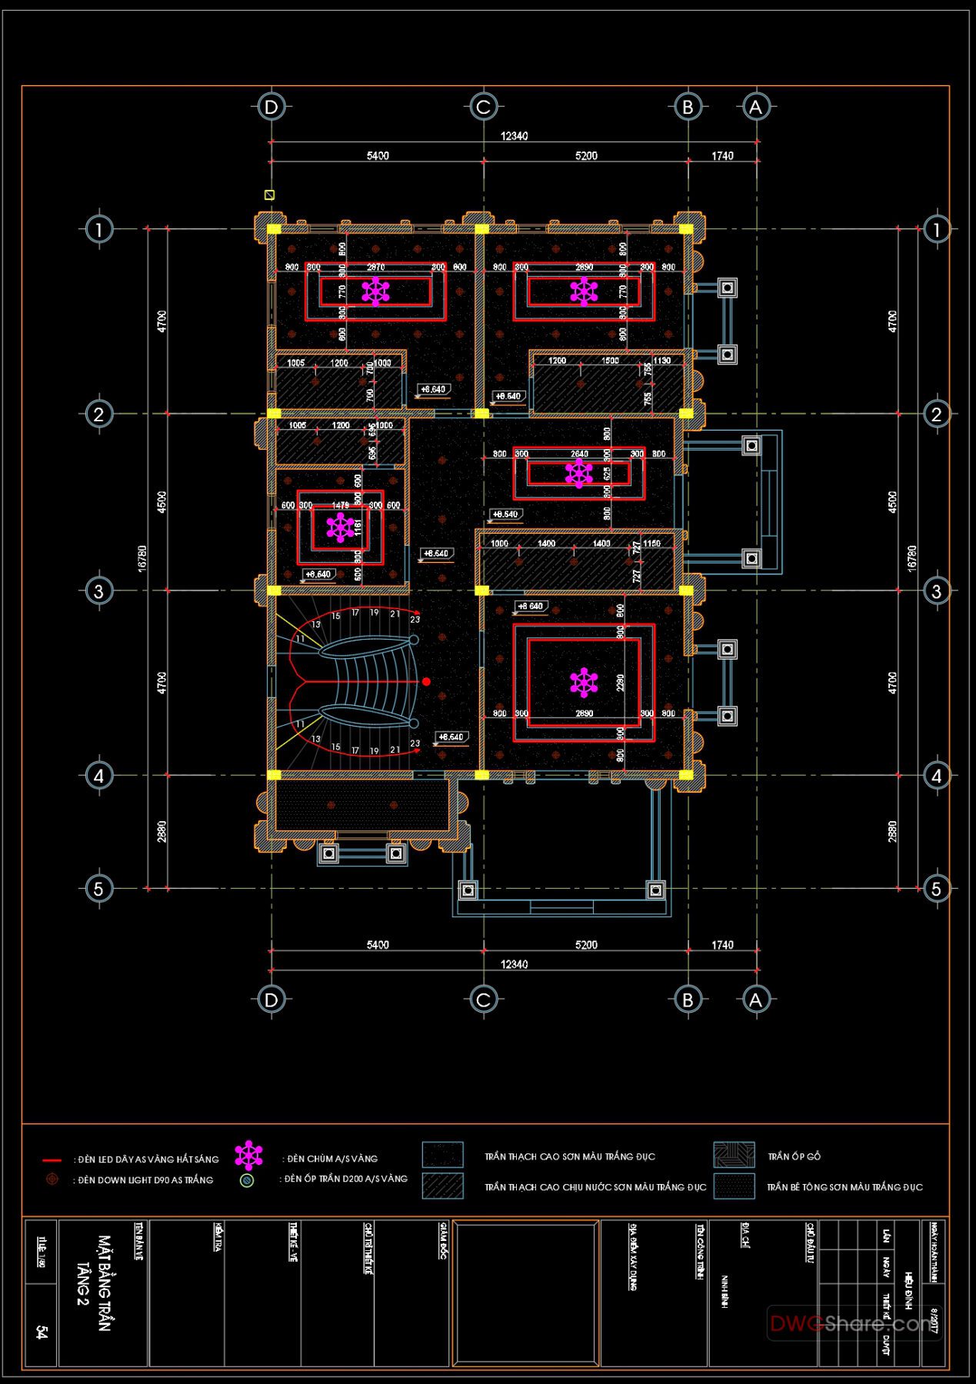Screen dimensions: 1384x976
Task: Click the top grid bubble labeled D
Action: pyautogui.click(x=271, y=107)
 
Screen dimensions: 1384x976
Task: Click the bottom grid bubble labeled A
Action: pyautogui.click(x=755, y=1000)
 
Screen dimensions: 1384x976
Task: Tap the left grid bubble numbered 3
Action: pyautogui.click(x=98, y=591)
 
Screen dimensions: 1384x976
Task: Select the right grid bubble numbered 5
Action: pyautogui.click(x=936, y=889)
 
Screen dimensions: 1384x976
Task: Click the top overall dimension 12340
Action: pyautogui.click(x=514, y=136)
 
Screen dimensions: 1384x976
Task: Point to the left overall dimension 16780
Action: pyautogui.click(x=142, y=558)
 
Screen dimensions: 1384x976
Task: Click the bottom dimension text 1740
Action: pyautogui.click(x=722, y=945)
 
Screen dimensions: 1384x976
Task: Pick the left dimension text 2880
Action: pyautogui.click(x=162, y=832)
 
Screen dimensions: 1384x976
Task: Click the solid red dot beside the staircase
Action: pyautogui.click(x=426, y=681)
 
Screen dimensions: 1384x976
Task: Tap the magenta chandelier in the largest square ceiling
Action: pyautogui.click(x=584, y=682)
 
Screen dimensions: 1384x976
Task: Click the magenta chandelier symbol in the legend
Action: pyautogui.click(x=248, y=1156)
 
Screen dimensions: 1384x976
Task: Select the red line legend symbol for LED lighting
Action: pyautogui.click(x=52, y=1159)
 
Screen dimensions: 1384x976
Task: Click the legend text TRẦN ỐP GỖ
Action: pyautogui.click(x=794, y=1156)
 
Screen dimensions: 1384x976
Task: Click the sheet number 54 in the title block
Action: pyautogui.click(x=42, y=1332)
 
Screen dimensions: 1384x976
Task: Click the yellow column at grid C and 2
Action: pyautogui.click(x=481, y=414)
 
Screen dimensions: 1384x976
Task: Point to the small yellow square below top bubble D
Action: pyautogui.click(x=269, y=195)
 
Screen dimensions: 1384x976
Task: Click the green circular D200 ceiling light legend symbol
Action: pyautogui.click(x=247, y=1180)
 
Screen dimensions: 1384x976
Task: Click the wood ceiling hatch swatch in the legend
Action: pyautogui.click(x=734, y=1155)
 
